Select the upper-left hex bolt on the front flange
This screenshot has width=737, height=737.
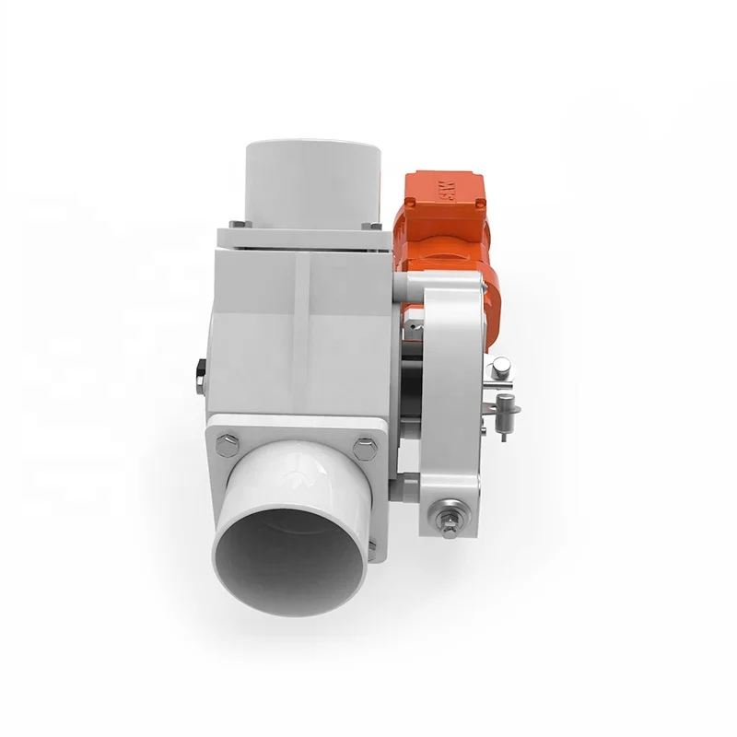[224, 445]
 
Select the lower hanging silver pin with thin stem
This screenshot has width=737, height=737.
[507, 415]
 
